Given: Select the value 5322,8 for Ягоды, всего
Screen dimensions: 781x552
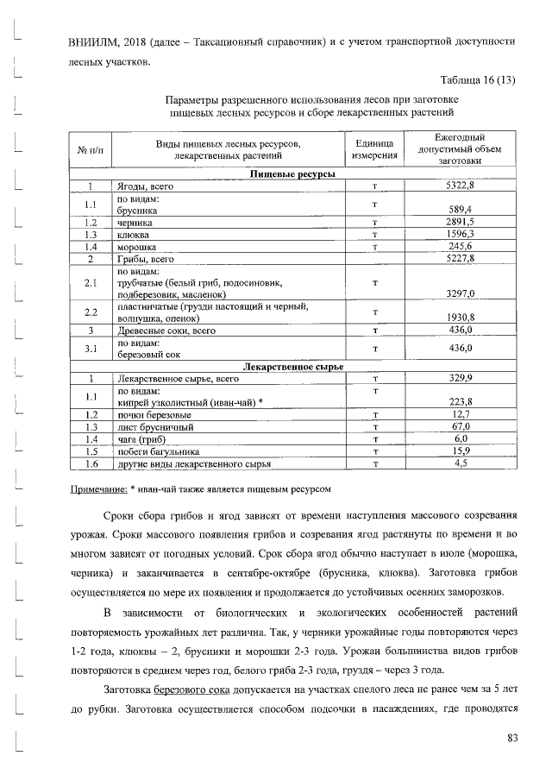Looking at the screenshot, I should [x=460, y=186].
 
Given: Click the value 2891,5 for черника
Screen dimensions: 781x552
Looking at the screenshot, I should [x=460, y=222].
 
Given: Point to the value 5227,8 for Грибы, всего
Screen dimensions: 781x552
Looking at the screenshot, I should [x=460, y=258].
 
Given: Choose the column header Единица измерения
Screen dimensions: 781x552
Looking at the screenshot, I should [x=375, y=149].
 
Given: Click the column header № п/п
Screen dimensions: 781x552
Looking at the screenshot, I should [x=90, y=149].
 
